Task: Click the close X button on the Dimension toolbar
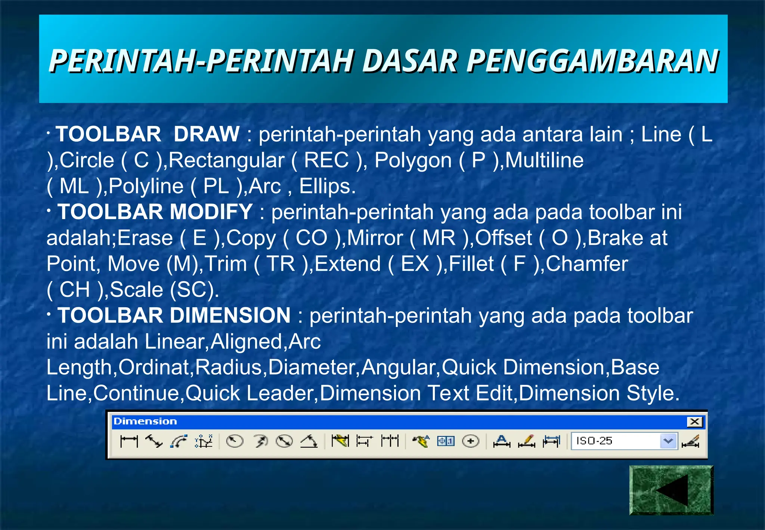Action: point(694,422)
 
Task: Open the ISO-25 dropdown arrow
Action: point(668,441)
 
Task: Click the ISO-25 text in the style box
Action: point(594,441)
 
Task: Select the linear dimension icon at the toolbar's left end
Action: point(129,441)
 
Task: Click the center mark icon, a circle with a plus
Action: point(471,441)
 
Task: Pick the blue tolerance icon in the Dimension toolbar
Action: point(446,441)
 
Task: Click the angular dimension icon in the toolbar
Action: point(309,441)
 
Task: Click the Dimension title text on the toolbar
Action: point(145,422)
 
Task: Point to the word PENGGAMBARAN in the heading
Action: point(592,61)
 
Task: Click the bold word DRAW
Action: point(207,134)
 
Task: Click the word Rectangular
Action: point(227,160)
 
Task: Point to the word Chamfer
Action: point(587,264)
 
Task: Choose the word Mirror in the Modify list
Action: point(375,238)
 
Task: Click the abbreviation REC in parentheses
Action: point(326,160)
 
